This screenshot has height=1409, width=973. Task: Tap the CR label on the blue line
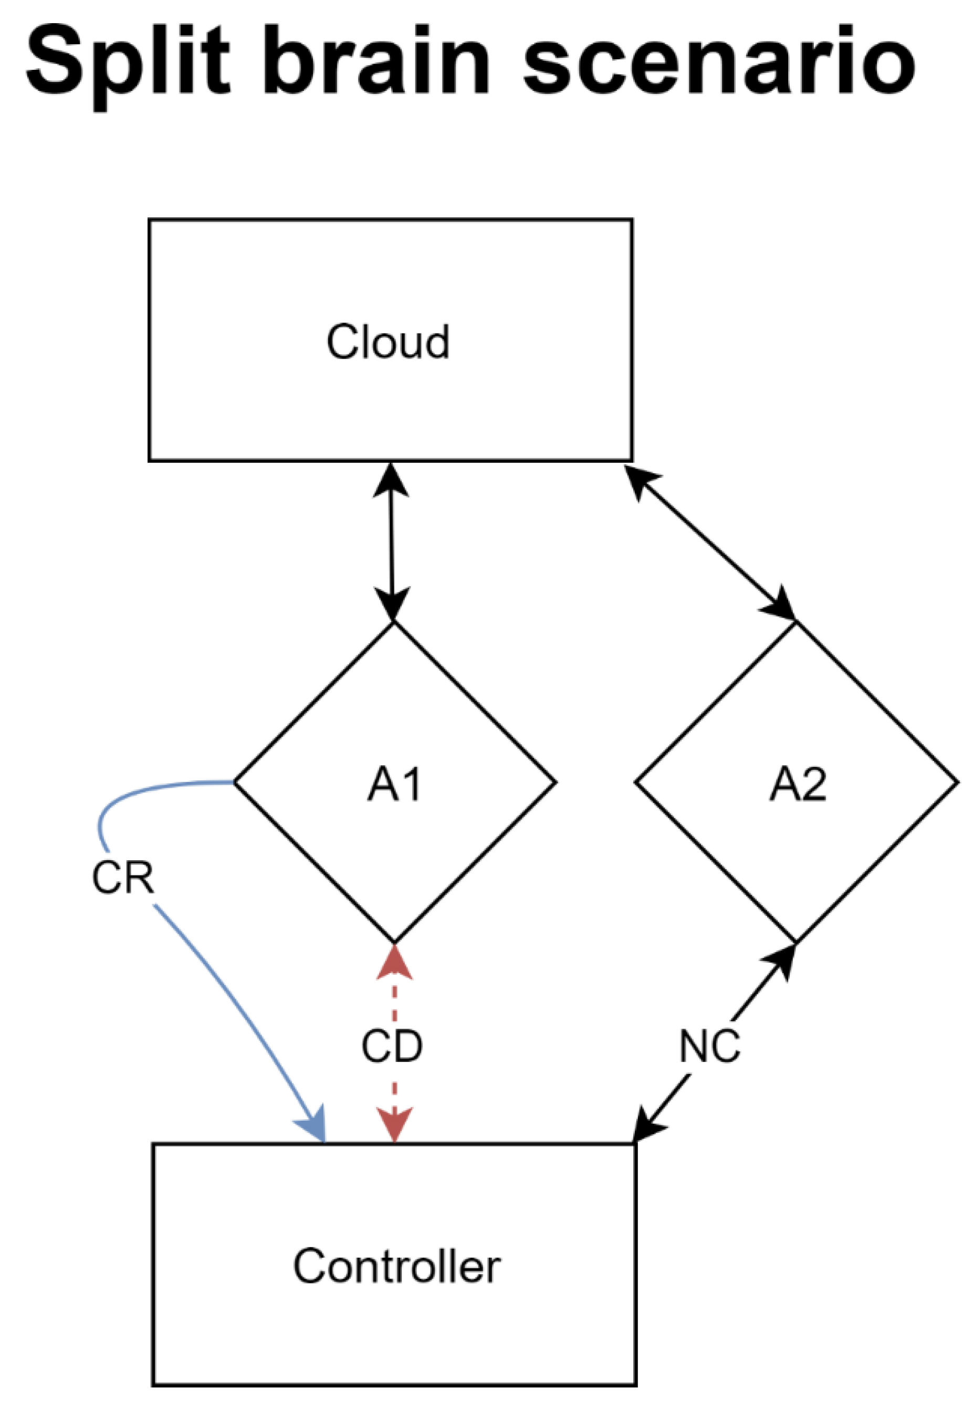pos(122,878)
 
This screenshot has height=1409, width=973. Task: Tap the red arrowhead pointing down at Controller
pos(394,1125)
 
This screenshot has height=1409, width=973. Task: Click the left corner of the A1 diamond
pos(235,782)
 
